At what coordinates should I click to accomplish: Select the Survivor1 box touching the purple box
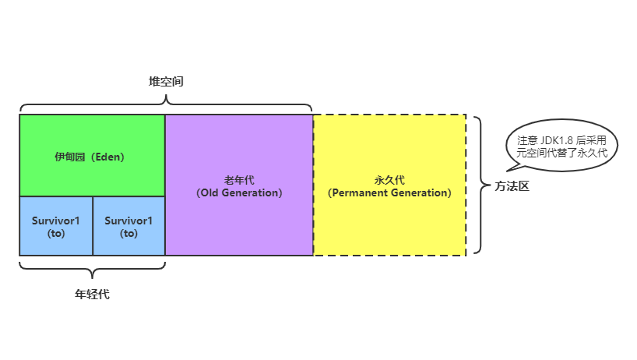click(x=128, y=226)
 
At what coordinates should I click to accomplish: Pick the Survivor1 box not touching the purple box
click(x=56, y=226)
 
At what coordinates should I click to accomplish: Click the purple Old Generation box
click(x=239, y=218)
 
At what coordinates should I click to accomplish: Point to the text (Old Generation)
click(x=239, y=192)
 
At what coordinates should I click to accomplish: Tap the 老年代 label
click(x=239, y=180)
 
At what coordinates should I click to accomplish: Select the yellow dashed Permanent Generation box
click(x=389, y=222)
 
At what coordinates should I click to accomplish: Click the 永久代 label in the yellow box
click(x=389, y=180)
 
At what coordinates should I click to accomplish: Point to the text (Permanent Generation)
click(x=389, y=192)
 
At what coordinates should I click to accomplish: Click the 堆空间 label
click(x=166, y=81)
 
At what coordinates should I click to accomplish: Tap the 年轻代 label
click(x=92, y=295)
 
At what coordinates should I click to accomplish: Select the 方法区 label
click(x=512, y=186)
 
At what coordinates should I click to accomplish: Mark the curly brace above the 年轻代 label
click(x=92, y=269)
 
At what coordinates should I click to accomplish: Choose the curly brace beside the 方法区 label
click(x=479, y=185)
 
